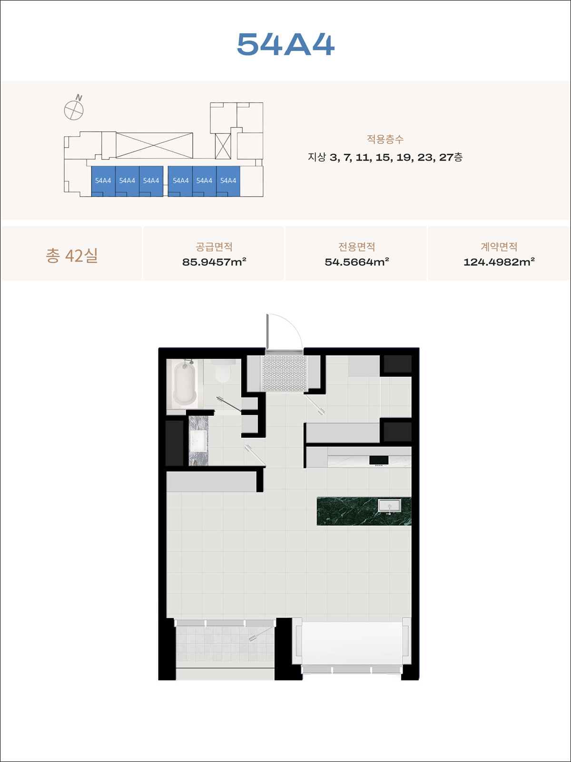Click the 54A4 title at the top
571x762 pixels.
285,44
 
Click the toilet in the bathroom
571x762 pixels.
222,372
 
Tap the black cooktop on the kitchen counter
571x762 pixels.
379,461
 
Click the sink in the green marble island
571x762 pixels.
389,505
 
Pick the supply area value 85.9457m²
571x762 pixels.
214,262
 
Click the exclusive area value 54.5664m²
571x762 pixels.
357,262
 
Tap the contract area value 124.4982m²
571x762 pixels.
499,262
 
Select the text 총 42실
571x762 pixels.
72,255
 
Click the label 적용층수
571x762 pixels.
385,139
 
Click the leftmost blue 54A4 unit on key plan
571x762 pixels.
103,181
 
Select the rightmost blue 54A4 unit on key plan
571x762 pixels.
228,181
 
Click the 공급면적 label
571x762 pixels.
214,247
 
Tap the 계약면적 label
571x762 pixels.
499,247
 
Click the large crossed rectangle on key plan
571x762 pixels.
154,145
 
